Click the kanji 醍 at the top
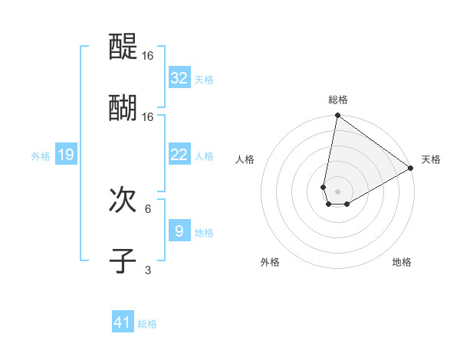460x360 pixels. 123,47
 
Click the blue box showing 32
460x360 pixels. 179,78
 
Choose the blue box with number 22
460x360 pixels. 179,155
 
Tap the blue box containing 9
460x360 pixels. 179,231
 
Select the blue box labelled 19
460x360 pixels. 66,155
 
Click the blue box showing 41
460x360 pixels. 123,322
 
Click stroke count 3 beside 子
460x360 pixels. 148,270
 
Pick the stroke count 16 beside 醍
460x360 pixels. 148,56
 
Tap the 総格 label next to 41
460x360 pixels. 147,324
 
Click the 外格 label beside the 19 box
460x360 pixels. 41,155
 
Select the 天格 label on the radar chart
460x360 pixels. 431,159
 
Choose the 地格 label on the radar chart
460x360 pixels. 402,262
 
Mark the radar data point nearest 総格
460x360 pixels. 337,116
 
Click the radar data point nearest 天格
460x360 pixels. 411,169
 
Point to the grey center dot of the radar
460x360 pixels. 337,191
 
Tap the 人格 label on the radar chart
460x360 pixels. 245,159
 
